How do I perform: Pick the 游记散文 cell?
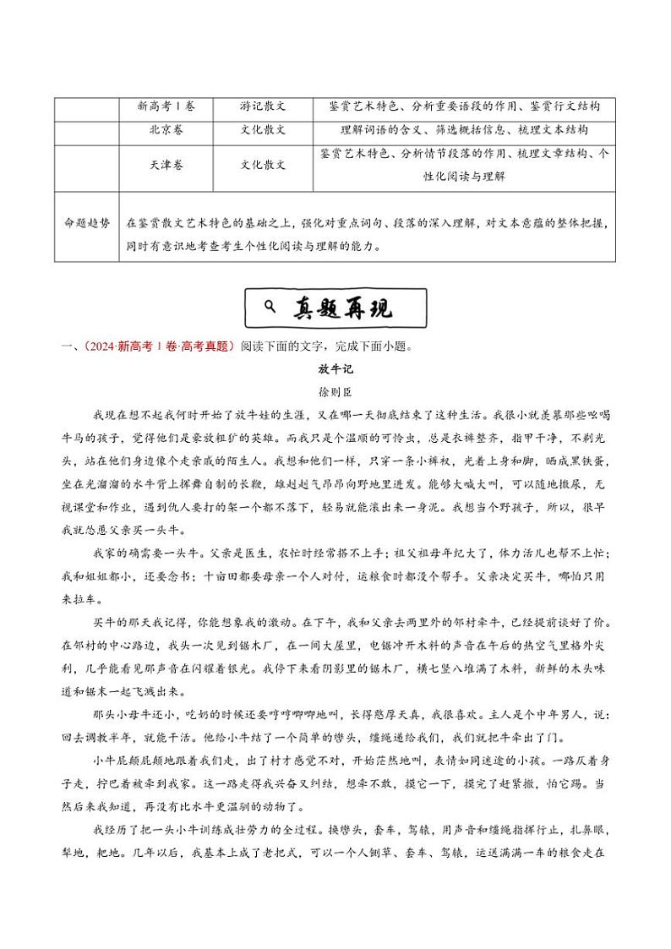tap(263, 107)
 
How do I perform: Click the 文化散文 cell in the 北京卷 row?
tap(263, 130)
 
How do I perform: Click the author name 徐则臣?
tap(334, 392)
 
